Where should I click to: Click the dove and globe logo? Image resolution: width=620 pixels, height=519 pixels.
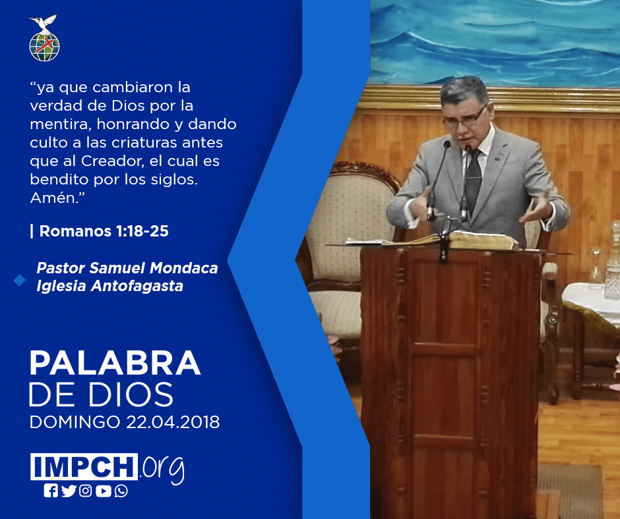[x=44, y=38]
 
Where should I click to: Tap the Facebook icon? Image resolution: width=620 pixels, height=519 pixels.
[x=51, y=491]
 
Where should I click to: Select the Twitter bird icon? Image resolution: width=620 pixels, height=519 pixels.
[x=69, y=491]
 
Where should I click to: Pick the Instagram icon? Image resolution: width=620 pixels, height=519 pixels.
[x=85, y=491]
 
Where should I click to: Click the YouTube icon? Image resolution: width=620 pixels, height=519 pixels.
[x=103, y=491]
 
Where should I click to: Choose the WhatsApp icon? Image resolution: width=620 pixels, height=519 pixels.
[x=121, y=491]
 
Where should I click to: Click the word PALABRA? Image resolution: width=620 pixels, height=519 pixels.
[x=115, y=363]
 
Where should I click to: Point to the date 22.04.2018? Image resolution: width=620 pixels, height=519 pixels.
[x=173, y=422]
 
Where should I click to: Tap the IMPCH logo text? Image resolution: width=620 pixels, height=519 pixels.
[x=84, y=466]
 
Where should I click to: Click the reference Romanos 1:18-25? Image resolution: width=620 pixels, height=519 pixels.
[x=104, y=231]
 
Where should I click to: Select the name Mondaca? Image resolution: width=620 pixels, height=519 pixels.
[x=184, y=268]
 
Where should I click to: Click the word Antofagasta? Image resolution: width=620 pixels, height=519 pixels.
[x=137, y=286]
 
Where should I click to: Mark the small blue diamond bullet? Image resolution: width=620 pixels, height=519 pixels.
[x=19, y=280]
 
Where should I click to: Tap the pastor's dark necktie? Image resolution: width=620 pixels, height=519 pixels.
[x=474, y=180]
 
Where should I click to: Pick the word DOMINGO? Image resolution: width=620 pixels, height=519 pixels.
[x=75, y=422]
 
